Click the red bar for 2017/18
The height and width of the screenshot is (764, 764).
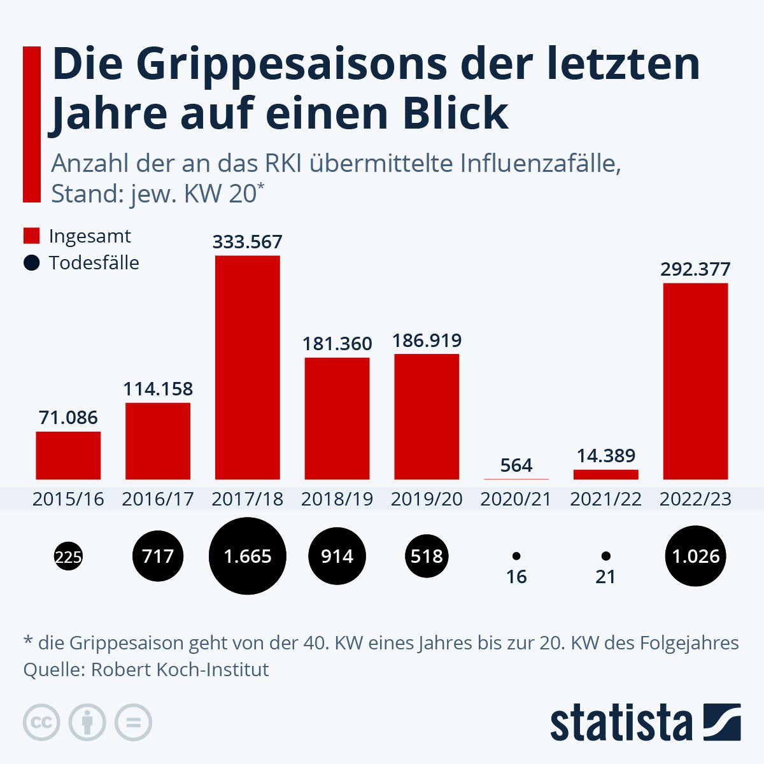click(248, 367)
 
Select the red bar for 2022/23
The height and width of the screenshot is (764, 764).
click(695, 381)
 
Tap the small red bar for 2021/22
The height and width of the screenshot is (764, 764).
click(605, 474)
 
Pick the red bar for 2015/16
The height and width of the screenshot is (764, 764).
click(68, 455)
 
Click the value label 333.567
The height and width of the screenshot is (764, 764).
click(248, 242)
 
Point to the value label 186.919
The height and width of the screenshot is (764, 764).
click(427, 341)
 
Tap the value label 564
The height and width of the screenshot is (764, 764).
click(516, 465)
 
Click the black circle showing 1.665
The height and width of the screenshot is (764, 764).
click(248, 556)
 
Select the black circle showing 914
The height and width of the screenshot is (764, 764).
click(337, 556)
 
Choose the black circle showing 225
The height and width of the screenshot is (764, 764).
click(68, 557)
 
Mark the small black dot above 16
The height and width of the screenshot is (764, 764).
click(516, 556)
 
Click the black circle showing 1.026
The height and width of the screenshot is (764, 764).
click(695, 556)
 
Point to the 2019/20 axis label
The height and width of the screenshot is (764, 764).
click(427, 499)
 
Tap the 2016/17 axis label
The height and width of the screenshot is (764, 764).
click(158, 499)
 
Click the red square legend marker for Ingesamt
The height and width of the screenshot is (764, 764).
click(32, 236)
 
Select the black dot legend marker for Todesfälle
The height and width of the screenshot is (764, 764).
click(32, 263)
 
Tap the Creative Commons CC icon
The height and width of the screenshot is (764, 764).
click(41, 723)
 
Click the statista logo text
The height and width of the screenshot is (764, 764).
click(621, 723)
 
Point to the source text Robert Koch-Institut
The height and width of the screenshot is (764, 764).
click(180, 670)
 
